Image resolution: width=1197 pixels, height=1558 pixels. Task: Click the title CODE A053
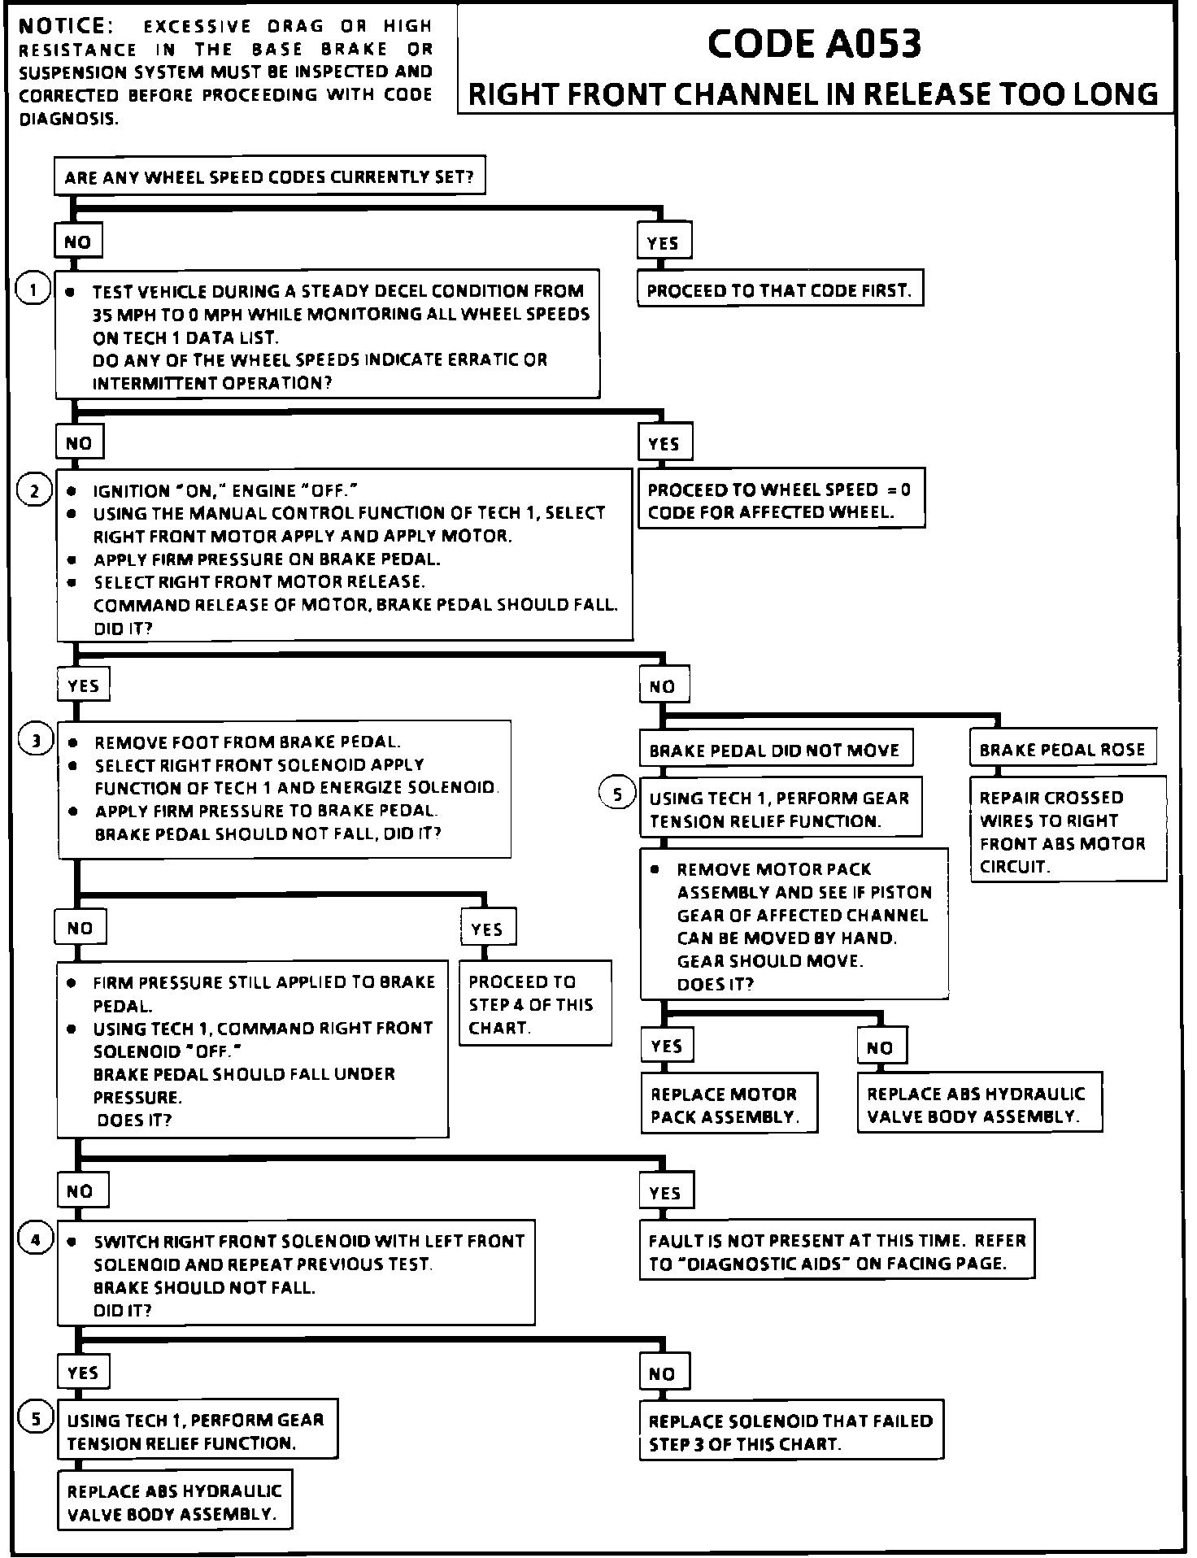(x=815, y=44)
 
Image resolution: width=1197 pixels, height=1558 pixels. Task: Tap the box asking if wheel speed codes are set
(x=269, y=176)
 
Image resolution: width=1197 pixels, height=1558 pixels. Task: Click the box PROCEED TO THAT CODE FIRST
(x=779, y=290)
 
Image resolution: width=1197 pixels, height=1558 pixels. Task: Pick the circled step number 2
(x=34, y=490)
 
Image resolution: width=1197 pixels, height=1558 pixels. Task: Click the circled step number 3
(x=36, y=740)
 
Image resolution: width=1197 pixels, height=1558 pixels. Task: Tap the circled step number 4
(x=35, y=1239)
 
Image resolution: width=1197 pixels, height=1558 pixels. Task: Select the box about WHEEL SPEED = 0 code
(x=780, y=500)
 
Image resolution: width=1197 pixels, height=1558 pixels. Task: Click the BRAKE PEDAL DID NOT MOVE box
(x=774, y=750)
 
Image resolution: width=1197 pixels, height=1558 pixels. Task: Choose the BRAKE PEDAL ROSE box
(x=1062, y=749)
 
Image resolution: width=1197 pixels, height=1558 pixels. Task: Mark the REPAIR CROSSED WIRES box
(x=1067, y=831)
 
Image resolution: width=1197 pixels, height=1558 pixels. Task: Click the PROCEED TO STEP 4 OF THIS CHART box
(x=533, y=1004)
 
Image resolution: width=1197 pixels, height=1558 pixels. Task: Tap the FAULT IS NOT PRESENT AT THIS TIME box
(x=837, y=1251)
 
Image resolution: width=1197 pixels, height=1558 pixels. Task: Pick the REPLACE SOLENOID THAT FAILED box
(x=790, y=1432)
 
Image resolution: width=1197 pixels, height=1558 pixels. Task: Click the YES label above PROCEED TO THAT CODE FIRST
(x=663, y=242)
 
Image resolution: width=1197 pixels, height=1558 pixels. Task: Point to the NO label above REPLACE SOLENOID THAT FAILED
(x=663, y=1373)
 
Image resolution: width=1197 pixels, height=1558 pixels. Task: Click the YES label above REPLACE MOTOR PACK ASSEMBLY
(x=667, y=1046)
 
